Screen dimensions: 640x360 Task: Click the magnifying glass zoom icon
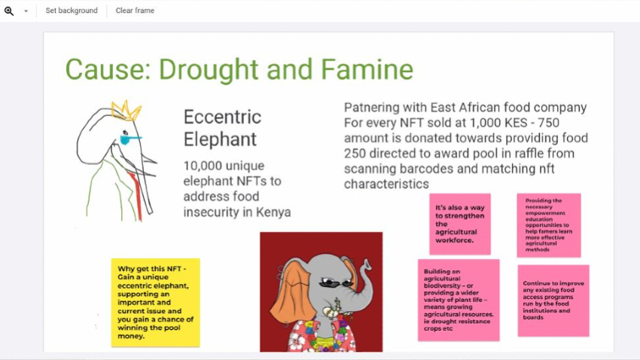[x=9, y=11]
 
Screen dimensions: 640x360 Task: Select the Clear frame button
[x=135, y=11]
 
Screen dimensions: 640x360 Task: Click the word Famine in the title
[x=367, y=69]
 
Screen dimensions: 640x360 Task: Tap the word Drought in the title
[x=208, y=70]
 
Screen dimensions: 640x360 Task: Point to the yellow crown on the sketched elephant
[x=126, y=111]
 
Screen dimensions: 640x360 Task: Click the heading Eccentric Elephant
[x=222, y=128]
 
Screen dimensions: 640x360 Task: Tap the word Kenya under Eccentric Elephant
[x=273, y=212]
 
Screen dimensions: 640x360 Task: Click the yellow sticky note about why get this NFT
[x=156, y=303]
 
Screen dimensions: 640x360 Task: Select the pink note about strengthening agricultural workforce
[x=460, y=224]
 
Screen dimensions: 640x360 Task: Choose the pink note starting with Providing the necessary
[x=549, y=225]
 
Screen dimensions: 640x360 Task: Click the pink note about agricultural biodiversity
[x=459, y=300]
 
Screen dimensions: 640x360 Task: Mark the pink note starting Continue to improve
[x=553, y=301]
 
